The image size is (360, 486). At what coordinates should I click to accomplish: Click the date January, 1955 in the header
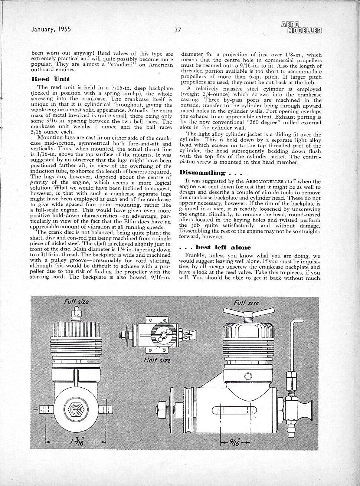(x=51, y=29)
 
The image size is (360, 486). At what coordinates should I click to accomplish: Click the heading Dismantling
(x=202, y=173)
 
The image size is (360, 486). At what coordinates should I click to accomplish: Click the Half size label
(x=156, y=360)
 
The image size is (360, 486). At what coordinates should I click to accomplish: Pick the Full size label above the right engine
(x=247, y=303)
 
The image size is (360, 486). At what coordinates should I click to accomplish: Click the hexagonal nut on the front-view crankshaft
(x=76, y=409)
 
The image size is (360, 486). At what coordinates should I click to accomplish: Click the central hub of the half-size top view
(x=162, y=336)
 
